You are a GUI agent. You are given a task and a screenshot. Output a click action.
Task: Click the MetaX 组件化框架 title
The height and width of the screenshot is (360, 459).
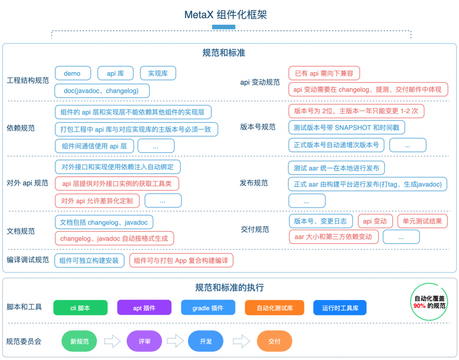[x=226, y=15]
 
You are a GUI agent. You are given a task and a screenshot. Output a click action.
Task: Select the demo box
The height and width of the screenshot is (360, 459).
[x=73, y=74]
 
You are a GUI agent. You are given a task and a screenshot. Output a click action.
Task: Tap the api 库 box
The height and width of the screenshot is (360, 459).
[x=115, y=74]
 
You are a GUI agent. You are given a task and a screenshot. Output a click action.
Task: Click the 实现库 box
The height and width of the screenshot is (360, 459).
[x=158, y=74]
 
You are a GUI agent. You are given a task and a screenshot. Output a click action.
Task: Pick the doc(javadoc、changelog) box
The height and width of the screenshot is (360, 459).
[x=102, y=91]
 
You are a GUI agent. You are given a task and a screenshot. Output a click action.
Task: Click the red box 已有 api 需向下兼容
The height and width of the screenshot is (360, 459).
[x=324, y=74]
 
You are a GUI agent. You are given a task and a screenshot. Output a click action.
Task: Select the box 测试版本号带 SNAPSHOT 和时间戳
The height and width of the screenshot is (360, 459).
[x=346, y=128]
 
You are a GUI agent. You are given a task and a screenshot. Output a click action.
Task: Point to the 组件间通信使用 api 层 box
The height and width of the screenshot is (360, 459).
[x=94, y=146]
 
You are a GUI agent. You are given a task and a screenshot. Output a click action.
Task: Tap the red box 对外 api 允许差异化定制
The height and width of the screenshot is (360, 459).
[x=97, y=201]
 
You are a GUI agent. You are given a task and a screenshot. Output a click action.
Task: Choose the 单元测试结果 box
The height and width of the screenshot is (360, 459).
[x=422, y=221]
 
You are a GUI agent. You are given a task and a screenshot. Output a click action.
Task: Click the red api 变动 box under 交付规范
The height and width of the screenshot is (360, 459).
[x=375, y=221]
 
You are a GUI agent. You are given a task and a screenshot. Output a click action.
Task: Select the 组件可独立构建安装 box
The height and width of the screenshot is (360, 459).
[x=89, y=261]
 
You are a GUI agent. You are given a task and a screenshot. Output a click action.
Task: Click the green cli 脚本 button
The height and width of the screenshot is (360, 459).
[x=80, y=308]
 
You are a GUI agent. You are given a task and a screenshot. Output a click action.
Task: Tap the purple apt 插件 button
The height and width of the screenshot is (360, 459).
[x=144, y=308]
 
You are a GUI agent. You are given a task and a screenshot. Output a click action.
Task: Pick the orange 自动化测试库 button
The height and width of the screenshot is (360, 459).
[x=275, y=308]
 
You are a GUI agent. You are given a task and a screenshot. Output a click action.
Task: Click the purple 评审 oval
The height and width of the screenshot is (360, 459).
[x=144, y=341]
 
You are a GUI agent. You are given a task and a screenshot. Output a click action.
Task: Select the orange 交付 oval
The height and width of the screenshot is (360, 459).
[x=274, y=341]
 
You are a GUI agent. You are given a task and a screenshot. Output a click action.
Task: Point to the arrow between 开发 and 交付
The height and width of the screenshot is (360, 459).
[x=241, y=341]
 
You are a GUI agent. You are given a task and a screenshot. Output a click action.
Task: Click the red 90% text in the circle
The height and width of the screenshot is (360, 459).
[x=419, y=306]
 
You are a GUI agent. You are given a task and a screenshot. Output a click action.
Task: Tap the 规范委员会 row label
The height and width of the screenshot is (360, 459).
[x=24, y=341]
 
